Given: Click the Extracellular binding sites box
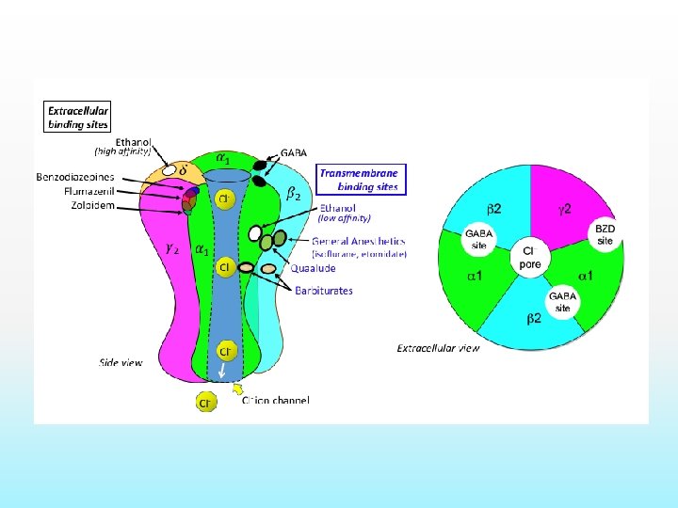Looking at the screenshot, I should (x=79, y=117).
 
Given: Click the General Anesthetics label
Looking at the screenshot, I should (x=359, y=241).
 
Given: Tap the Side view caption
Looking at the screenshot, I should (x=121, y=362).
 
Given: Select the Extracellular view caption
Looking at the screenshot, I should (x=438, y=349).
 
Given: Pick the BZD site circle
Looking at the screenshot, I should (x=605, y=235).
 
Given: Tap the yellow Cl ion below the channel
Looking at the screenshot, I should (x=205, y=403).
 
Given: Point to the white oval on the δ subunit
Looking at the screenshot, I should (x=170, y=171).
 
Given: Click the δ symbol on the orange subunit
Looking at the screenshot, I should (x=182, y=170).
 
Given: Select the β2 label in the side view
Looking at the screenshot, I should (x=293, y=195).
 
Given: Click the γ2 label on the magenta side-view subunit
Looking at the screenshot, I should (x=172, y=249).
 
